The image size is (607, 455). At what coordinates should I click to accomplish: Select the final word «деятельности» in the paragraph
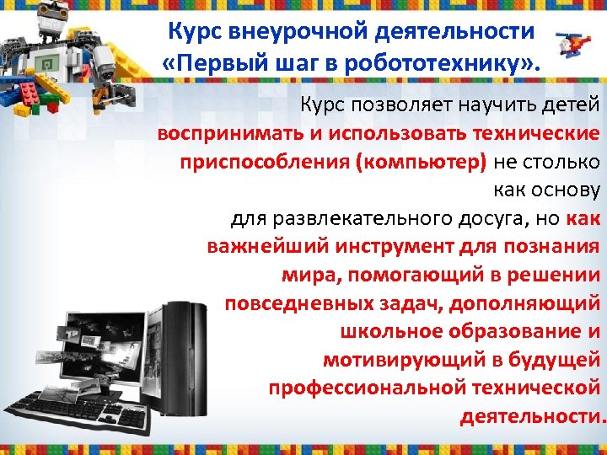[x=531, y=416]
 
